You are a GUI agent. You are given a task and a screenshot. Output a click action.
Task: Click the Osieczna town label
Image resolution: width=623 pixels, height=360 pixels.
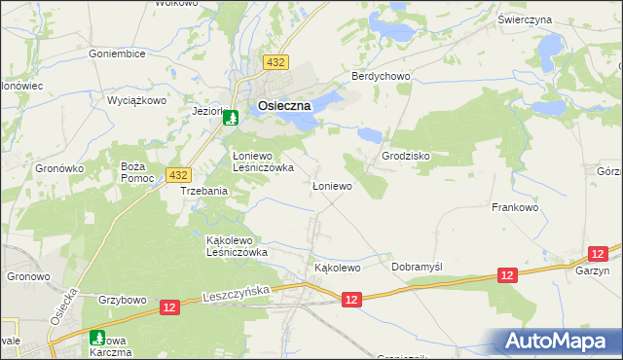click(x=284, y=106)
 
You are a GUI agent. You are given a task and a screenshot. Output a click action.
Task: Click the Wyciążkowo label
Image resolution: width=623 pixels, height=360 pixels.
click(x=137, y=100)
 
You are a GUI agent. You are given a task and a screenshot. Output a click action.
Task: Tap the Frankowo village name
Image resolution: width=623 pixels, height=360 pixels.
click(x=515, y=207)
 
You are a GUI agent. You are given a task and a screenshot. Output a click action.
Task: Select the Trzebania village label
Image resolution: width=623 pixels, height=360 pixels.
click(x=204, y=191)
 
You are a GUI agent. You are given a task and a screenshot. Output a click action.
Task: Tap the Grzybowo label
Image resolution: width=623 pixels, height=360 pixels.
click(x=121, y=300)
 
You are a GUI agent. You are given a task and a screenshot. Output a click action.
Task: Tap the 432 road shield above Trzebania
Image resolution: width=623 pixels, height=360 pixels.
click(x=177, y=174)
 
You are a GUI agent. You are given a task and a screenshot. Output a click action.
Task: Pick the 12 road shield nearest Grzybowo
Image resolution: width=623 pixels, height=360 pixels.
click(x=169, y=307)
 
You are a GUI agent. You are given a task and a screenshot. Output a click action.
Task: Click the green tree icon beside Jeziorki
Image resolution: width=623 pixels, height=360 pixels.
click(x=231, y=118)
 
